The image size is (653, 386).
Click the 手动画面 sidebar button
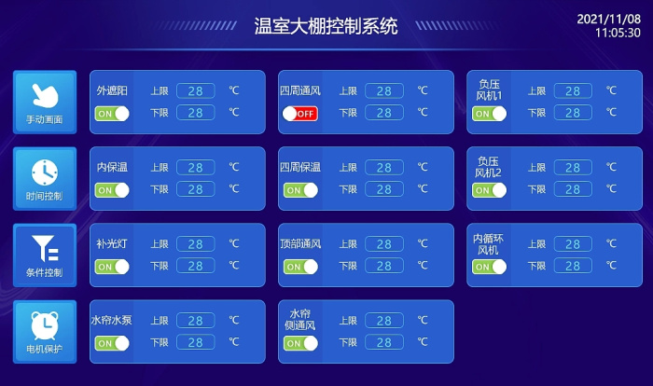(45, 102)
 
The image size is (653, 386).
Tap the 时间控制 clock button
(45, 179)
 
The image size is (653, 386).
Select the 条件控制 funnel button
(45, 255)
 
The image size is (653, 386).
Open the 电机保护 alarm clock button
(45, 332)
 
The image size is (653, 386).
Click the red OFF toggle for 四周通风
(299, 114)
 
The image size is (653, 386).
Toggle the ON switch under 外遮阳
(112, 114)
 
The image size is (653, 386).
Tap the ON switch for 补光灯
(112, 267)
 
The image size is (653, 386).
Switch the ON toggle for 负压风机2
(490, 190)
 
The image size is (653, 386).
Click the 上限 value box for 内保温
(196, 168)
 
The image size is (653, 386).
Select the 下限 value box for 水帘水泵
(196, 342)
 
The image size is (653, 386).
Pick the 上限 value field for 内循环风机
(573, 244)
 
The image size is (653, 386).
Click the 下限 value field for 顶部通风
(384, 266)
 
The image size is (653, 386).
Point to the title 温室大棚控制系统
(326, 26)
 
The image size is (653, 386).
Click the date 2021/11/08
(608, 19)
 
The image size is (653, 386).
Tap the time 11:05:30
(618, 33)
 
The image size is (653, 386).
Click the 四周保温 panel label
(300, 168)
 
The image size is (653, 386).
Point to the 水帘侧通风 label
(300, 320)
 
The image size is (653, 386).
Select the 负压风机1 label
(490, 90)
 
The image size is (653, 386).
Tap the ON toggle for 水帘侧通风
(300, 343)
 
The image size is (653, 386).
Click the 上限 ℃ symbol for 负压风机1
(611, 90)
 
